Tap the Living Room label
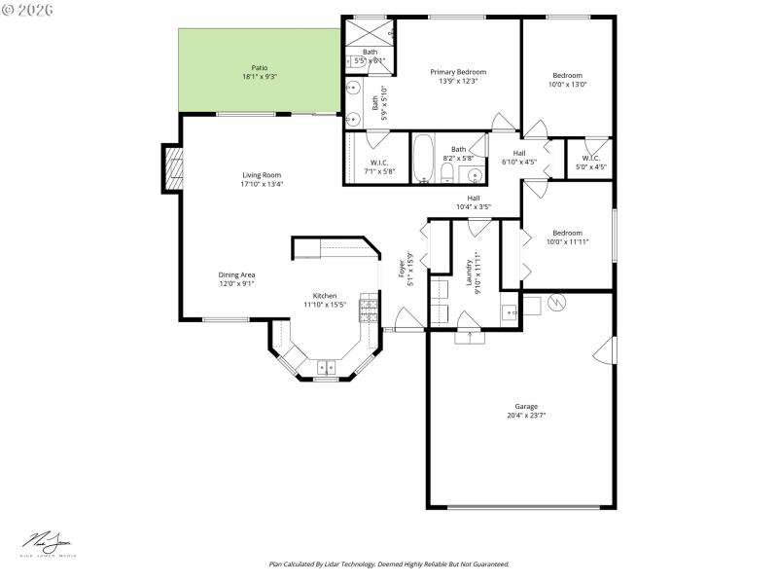[x=262, y=175]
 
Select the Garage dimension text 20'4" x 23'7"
[x=525, y=416]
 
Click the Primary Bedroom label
[x=458, y=72]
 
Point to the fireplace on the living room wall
[x=172, y=167]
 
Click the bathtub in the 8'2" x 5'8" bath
[x=423, y=159]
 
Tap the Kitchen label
[x=324, y=296]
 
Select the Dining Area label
[x=236, y=275]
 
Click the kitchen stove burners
[x=369, y=309]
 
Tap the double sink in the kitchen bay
[x=325, y=367]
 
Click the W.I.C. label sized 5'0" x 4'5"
[x=591, y=158]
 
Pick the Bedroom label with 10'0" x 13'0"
[x=567, y=76]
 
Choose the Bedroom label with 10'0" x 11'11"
[x=567, y=233]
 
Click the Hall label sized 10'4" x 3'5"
[x=474, y=198]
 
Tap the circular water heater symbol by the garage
[x=556, y=302]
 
